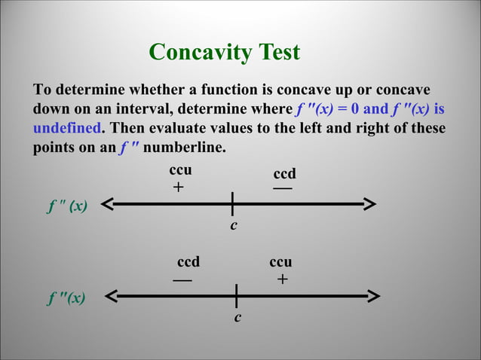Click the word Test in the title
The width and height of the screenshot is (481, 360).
(x=279, y=52)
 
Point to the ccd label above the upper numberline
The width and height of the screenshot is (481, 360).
(x=284, y=174)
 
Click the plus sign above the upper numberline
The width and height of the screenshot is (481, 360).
(x=178, y=188)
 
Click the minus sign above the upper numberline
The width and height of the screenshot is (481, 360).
(x=283, y=188)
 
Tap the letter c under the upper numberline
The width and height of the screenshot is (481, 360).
(x=234, y=225)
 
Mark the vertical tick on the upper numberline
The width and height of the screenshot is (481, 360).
(x=233, y=203)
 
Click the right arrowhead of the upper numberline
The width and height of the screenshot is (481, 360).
(x=369, y=203)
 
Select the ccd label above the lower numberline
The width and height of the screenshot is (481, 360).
(x=188, y=262)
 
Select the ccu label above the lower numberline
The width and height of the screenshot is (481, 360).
(x=280, y=262)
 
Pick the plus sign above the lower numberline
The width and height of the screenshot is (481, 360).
(x=282, y=279)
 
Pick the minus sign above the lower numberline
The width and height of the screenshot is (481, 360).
(x=182, y=279)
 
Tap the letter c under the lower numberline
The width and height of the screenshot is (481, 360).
(x=237, y=318)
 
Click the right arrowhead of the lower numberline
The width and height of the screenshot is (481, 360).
(x=369, y=296)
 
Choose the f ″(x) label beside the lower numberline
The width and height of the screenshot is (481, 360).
(x=66, y=299)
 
